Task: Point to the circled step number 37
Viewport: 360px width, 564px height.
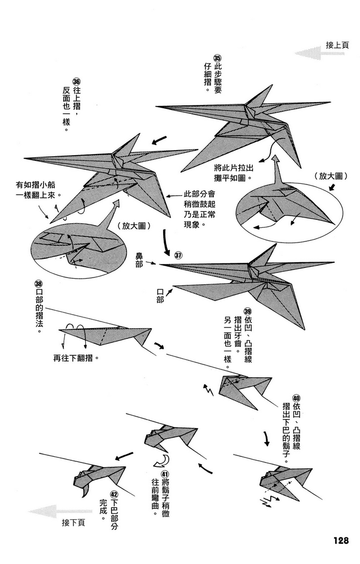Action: click(x=178, y=255)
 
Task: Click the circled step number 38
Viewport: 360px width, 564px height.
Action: click(x=38, y=284)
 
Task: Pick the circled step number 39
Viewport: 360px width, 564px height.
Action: click(x=247, y=311)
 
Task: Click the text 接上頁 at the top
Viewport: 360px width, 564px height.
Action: click(x=337, y=45)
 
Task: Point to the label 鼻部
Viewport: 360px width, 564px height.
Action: click(x=139, y=260)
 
